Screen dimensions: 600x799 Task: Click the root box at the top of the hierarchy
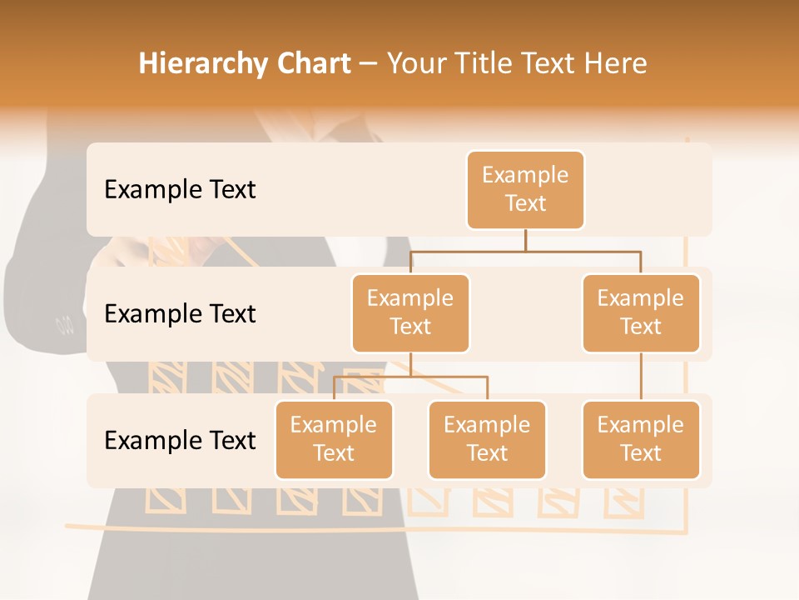pos(525,189)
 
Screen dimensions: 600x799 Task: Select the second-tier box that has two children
pos(410,312)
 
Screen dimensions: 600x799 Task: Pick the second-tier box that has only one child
pos(641,312)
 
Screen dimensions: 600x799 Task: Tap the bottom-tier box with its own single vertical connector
pos(641,439)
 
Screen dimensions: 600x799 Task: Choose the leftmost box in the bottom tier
pos(334,439)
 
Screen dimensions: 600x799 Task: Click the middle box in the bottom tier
pos(487,439)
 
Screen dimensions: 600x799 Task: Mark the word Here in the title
pos(616,64)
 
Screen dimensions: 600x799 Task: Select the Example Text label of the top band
pos(180,189)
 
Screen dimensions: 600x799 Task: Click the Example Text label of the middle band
pos(180,313)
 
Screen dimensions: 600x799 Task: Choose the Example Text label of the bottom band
pos(180,440)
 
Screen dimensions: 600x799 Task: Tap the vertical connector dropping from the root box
pos(525,240)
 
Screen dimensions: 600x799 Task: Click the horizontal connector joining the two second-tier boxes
pos(525,250)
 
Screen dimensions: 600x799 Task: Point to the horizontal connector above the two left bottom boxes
pos(410,377)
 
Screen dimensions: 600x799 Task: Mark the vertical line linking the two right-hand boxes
pos(641,377)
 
